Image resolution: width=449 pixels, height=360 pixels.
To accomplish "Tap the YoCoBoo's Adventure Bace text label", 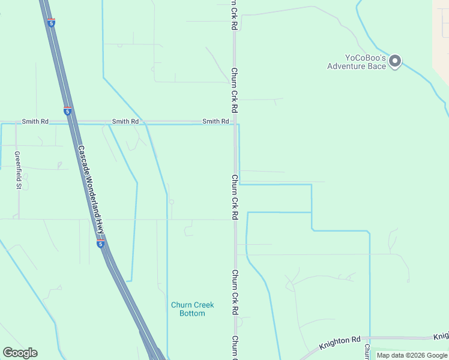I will (x=357, y=62).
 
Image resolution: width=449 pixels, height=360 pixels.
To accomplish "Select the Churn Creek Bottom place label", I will (x=192, y=309).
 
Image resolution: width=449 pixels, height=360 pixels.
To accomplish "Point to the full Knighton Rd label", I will (x=340, y=341).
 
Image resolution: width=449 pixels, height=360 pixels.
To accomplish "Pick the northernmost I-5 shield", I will (x=52, y=22).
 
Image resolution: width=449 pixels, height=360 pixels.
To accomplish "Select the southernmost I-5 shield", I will (x=101, y=244).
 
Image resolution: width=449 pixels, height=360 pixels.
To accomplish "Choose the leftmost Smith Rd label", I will (x=35, y=121).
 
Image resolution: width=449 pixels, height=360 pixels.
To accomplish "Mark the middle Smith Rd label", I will (x=125, y=121).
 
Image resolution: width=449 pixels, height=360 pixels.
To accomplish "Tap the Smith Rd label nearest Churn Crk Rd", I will (x=215, y=121).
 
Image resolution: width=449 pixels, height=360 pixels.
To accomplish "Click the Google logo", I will (x=20, y=353).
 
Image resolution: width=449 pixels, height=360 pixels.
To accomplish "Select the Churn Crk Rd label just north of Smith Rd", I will (x=235, y=90).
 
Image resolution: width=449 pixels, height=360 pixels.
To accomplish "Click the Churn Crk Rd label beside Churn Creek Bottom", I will (x=235, y=293).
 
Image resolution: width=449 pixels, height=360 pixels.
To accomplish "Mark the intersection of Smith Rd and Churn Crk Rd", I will (x=235, y=122).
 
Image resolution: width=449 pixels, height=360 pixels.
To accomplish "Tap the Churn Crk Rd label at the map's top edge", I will (x=235, y=15).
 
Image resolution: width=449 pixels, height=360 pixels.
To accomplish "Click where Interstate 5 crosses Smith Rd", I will (x=71, y=122).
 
